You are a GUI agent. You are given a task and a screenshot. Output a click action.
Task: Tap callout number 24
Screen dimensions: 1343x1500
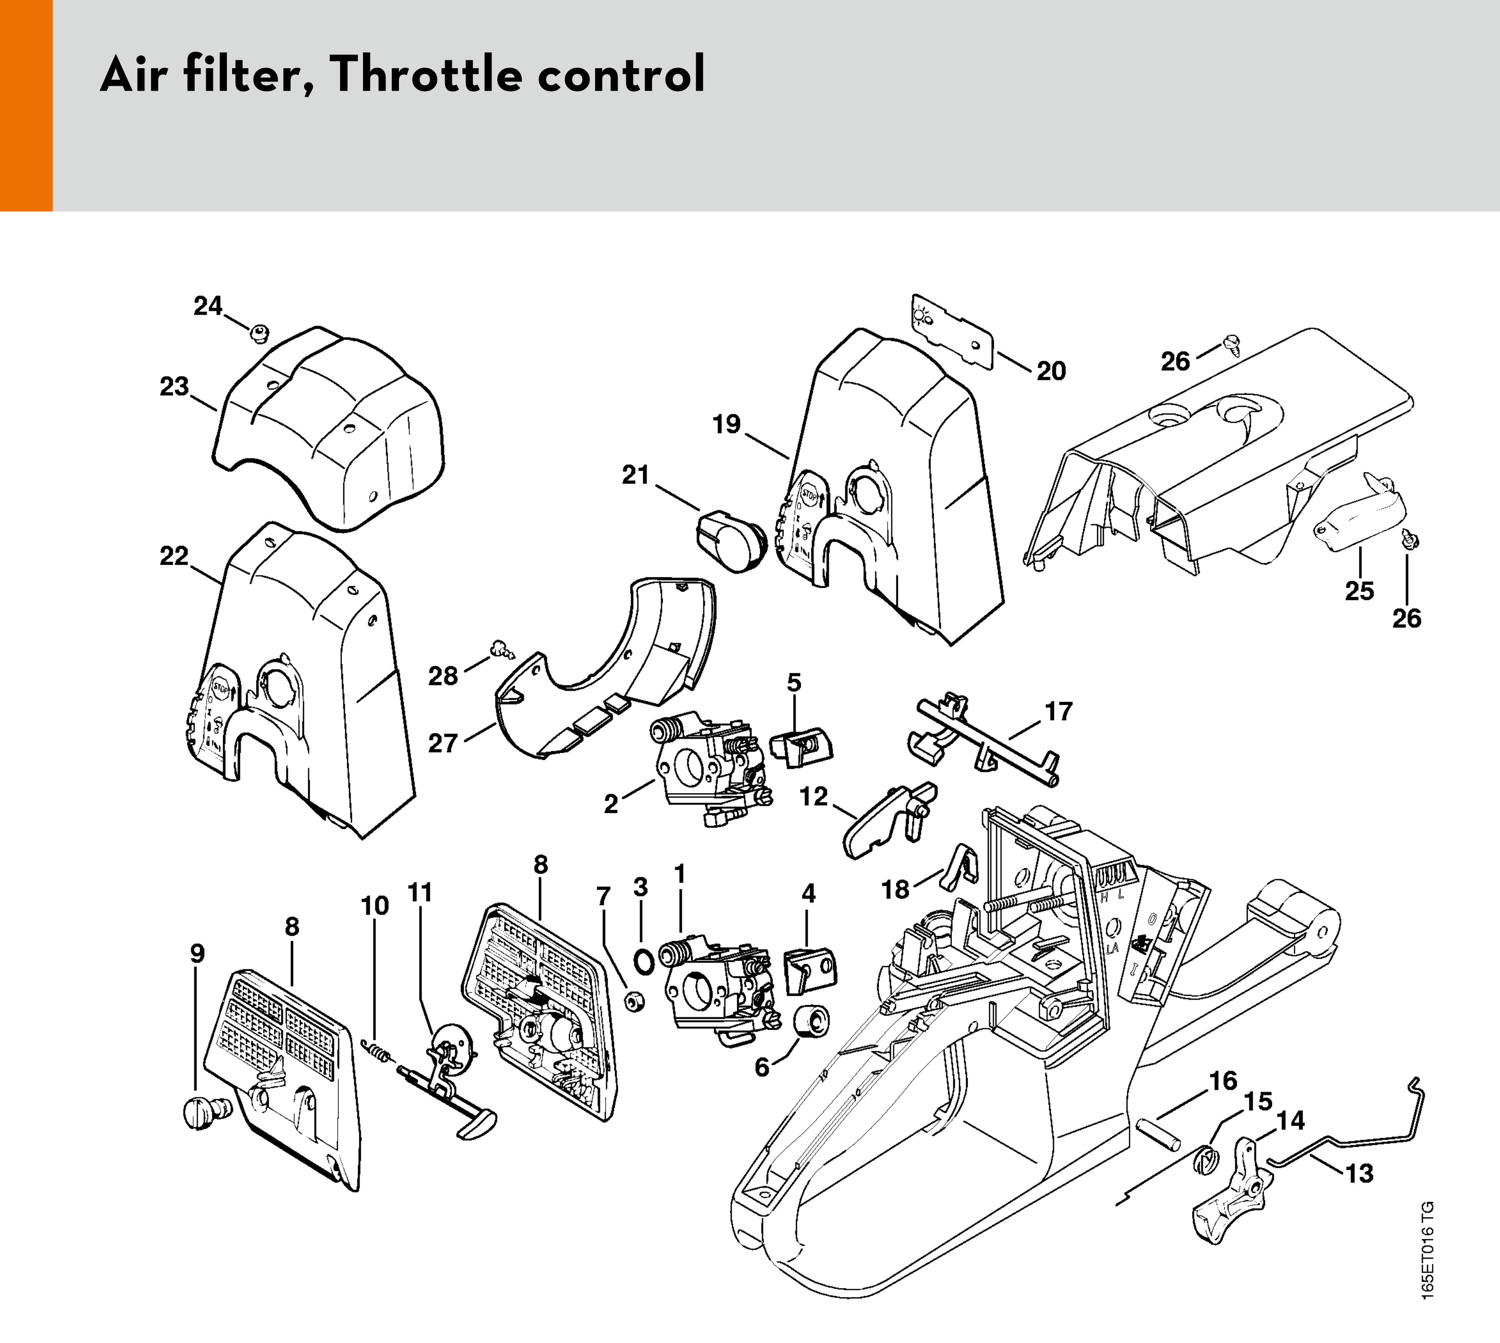(208, 306)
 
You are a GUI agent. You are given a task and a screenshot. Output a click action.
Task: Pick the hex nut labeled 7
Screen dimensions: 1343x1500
(633, 1002)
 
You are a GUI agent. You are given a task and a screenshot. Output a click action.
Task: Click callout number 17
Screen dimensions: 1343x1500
(1058, 712)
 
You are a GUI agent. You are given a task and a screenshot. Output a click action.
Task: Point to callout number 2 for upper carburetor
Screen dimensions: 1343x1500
(611, 804)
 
